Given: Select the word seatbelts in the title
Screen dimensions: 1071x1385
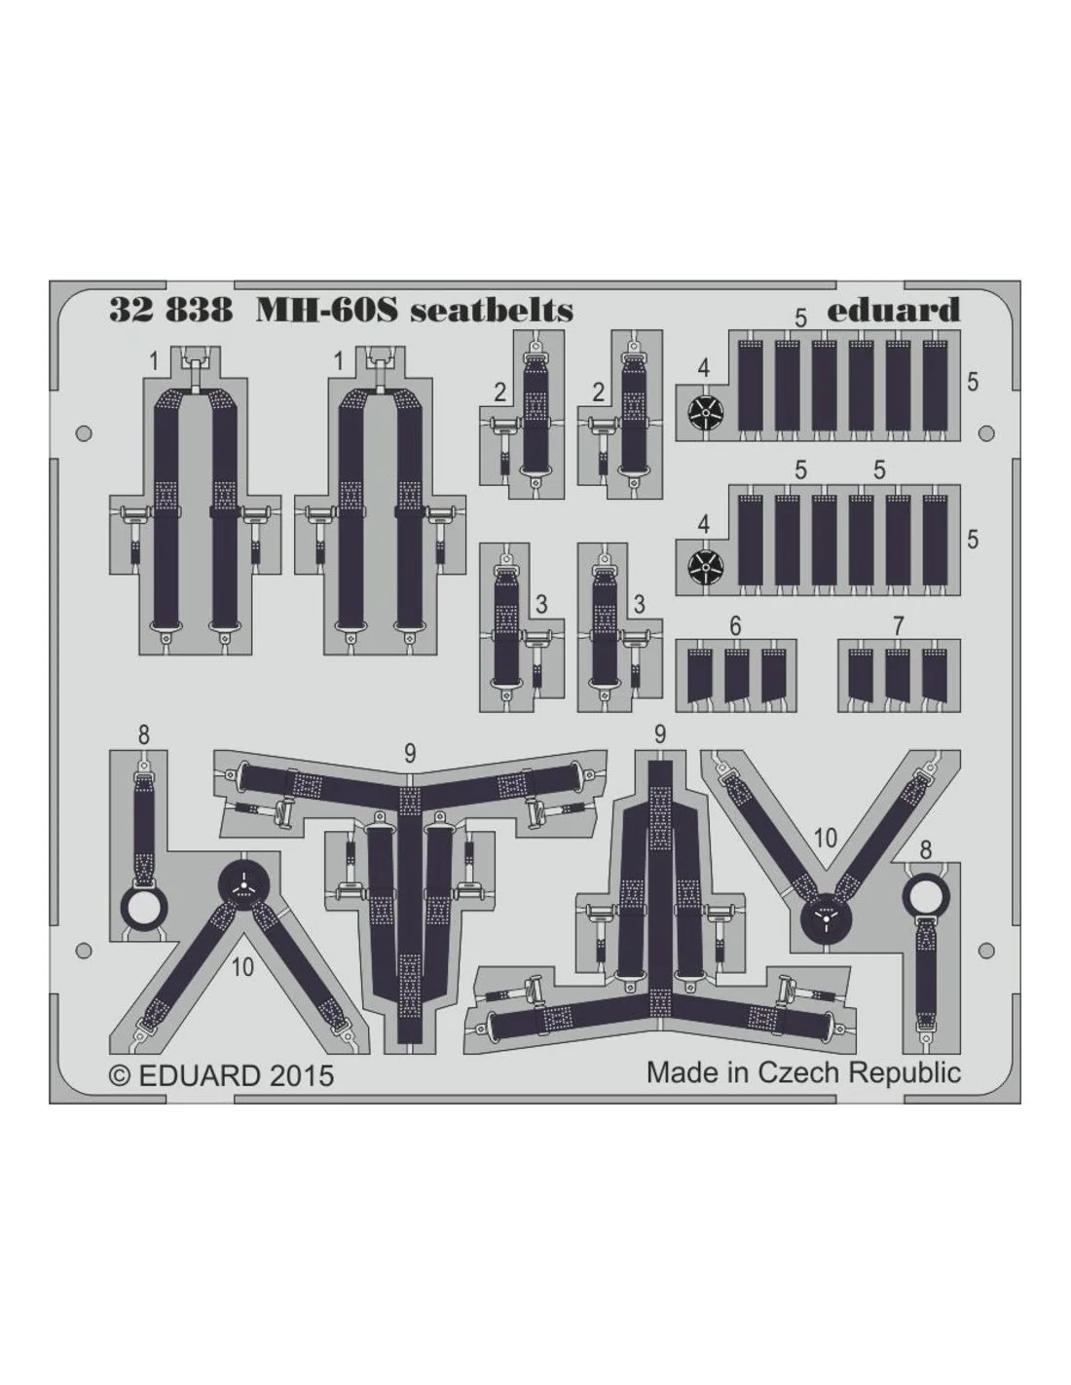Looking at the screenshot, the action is click(492, 310).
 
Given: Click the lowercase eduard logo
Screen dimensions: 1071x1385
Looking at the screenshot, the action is click(894, 310).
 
